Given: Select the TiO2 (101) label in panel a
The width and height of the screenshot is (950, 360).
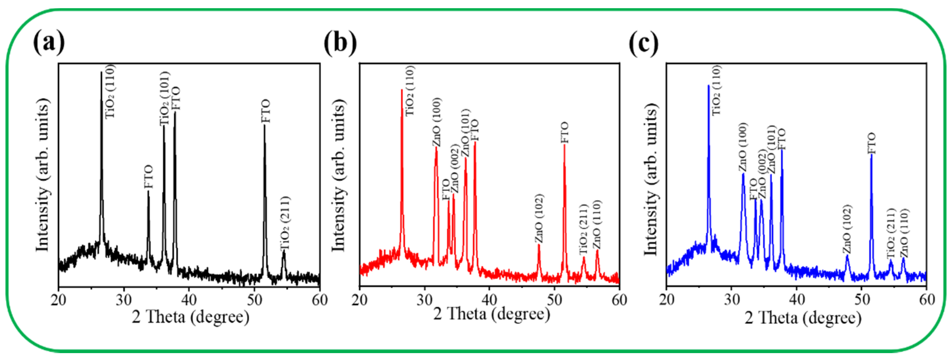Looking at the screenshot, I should point(165,99).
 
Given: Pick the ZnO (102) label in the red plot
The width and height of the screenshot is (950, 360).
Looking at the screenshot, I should point(539,218).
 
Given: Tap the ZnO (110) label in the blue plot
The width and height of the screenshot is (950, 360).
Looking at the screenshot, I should point(904,233).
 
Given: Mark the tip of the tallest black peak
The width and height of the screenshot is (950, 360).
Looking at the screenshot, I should point(101,72).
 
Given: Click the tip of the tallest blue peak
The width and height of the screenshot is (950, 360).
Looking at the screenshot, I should point(709,86).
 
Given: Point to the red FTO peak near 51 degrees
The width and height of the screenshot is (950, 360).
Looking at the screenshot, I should point(564,145).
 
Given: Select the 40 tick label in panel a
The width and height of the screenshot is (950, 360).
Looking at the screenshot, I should point(189,300).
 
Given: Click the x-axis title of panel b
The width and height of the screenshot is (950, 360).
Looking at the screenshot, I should point(491,314).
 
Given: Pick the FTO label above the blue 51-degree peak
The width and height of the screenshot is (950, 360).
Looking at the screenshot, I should point(871,144).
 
